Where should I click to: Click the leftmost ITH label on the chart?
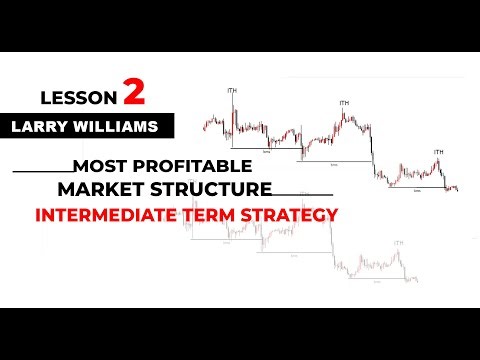coord(233,91)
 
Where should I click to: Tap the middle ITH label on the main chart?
coord(344,102)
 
